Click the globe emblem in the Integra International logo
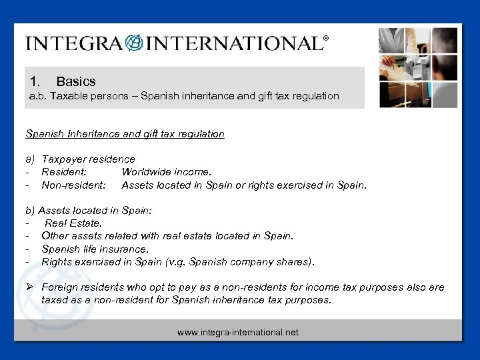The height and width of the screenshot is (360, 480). click(134, 43)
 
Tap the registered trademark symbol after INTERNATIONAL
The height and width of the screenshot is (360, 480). click(325, 39)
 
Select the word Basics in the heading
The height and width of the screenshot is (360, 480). click(76, 81)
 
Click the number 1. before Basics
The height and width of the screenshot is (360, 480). click(35, 81)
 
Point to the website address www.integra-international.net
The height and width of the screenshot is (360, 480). click(238, 332)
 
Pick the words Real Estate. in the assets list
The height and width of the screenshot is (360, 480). click(73, 223)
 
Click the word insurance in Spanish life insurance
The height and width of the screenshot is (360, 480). click(125, 249)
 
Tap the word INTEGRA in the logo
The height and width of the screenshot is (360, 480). click(74, 44)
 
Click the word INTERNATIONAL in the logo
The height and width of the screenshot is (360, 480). click(233, 44)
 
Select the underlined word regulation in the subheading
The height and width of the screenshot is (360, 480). click(199, 134)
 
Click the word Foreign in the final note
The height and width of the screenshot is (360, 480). click(60, 287)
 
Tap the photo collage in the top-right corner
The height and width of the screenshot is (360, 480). click(418, 67)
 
